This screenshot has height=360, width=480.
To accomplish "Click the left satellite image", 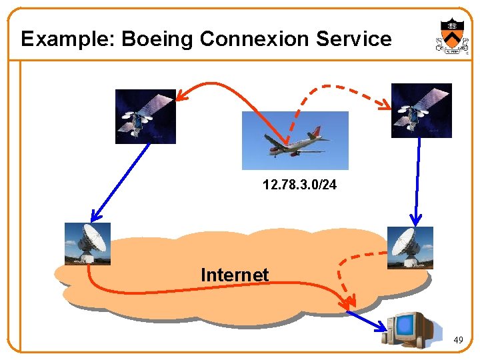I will [x=145, y=116].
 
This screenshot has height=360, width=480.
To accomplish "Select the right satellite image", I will [x=421, y=110].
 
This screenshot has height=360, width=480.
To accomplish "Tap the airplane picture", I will [x=295, y=141].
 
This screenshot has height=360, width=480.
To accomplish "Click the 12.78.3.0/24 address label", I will [x=299, y=184].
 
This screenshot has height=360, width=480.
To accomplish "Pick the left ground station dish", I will [x=87, y=243].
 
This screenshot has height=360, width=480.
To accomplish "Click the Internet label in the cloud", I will [x=235, y=275].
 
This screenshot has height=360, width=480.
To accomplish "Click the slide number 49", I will [x=458, y=341].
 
